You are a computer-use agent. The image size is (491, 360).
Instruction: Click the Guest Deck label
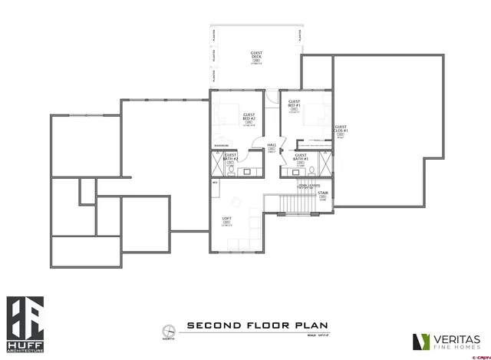256,56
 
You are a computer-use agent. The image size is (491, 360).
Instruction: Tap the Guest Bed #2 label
249,117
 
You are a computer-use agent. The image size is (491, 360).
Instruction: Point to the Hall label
271,147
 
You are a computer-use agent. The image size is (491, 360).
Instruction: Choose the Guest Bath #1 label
301,157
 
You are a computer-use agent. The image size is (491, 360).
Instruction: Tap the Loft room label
226,220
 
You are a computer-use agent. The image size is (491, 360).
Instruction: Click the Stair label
323,195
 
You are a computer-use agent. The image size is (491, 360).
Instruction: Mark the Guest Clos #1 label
341,130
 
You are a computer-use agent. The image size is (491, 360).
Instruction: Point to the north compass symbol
167,332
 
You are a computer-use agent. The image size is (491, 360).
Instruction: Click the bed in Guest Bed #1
312,116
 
